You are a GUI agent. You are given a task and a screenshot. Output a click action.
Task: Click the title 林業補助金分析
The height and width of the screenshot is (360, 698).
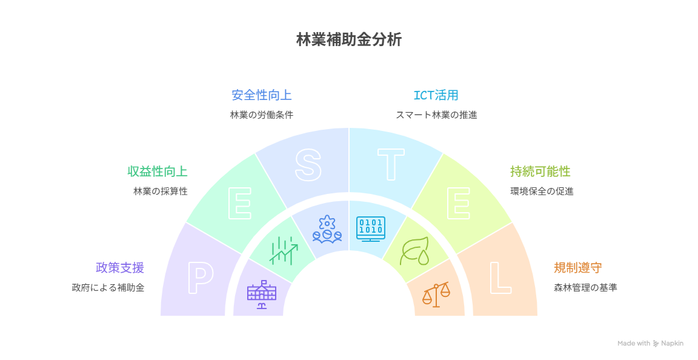point(348,40)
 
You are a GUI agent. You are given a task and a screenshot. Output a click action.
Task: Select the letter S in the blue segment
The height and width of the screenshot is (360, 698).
point(308,164)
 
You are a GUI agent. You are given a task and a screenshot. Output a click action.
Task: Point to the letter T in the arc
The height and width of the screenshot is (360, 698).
point(391,164)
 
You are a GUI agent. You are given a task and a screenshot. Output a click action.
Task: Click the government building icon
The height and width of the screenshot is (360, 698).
point(261,294)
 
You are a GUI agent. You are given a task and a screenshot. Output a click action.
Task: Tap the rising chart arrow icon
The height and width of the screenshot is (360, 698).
point(284,250)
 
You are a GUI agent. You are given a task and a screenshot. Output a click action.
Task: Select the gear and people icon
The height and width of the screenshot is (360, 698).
point(327,229)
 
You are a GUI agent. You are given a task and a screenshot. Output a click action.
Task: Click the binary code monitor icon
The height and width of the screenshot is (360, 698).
point(370,229)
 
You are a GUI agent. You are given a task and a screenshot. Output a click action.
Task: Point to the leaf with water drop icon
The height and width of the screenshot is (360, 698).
point(414,250)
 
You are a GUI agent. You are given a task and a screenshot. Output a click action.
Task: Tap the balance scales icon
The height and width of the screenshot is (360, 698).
point(436,294)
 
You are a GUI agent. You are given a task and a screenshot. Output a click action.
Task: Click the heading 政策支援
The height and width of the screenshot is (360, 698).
point(119,268)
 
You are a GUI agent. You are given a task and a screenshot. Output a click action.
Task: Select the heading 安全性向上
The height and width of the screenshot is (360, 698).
point(261,95)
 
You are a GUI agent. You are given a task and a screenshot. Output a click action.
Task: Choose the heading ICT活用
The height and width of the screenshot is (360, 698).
point(436,95)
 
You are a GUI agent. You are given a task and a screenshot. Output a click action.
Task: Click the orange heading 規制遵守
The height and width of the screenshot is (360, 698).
point(577,268)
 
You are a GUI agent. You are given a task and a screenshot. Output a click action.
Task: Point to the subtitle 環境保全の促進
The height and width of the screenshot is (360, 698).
point(542,191)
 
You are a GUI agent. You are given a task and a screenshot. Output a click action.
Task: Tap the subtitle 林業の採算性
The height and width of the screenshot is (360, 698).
point(161,191)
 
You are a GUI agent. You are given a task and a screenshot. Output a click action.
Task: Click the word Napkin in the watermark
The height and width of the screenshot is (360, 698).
point(672,344)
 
